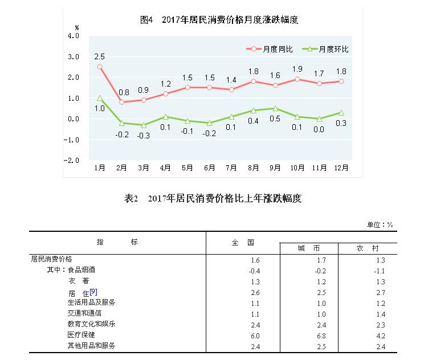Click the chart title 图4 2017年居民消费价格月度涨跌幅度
tap(219, 20)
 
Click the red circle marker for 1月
tap(100, 67)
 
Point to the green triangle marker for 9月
tap(276, 108)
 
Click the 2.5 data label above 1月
tap(100, 56)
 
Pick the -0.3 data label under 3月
tap(144, 135)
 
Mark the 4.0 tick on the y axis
tap(74, 36)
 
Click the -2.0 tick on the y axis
tap(72, 161)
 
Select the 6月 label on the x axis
tap(210, 168)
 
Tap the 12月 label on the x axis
tap(342, 168)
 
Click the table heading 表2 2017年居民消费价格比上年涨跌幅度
tap(213, 199)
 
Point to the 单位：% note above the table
tap(380, 224)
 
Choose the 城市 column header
tap(309, 249)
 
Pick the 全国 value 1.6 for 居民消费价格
tap(255, 260)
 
